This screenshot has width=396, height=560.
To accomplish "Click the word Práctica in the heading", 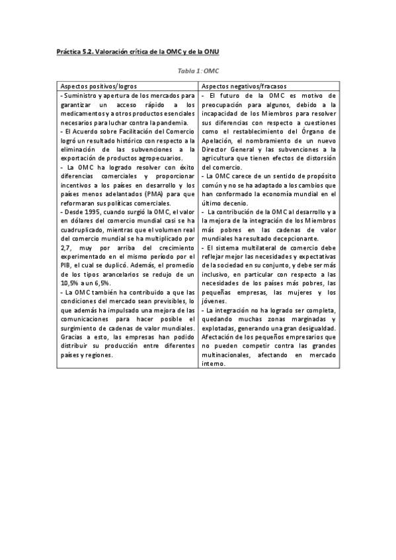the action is (x=68, y=51).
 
